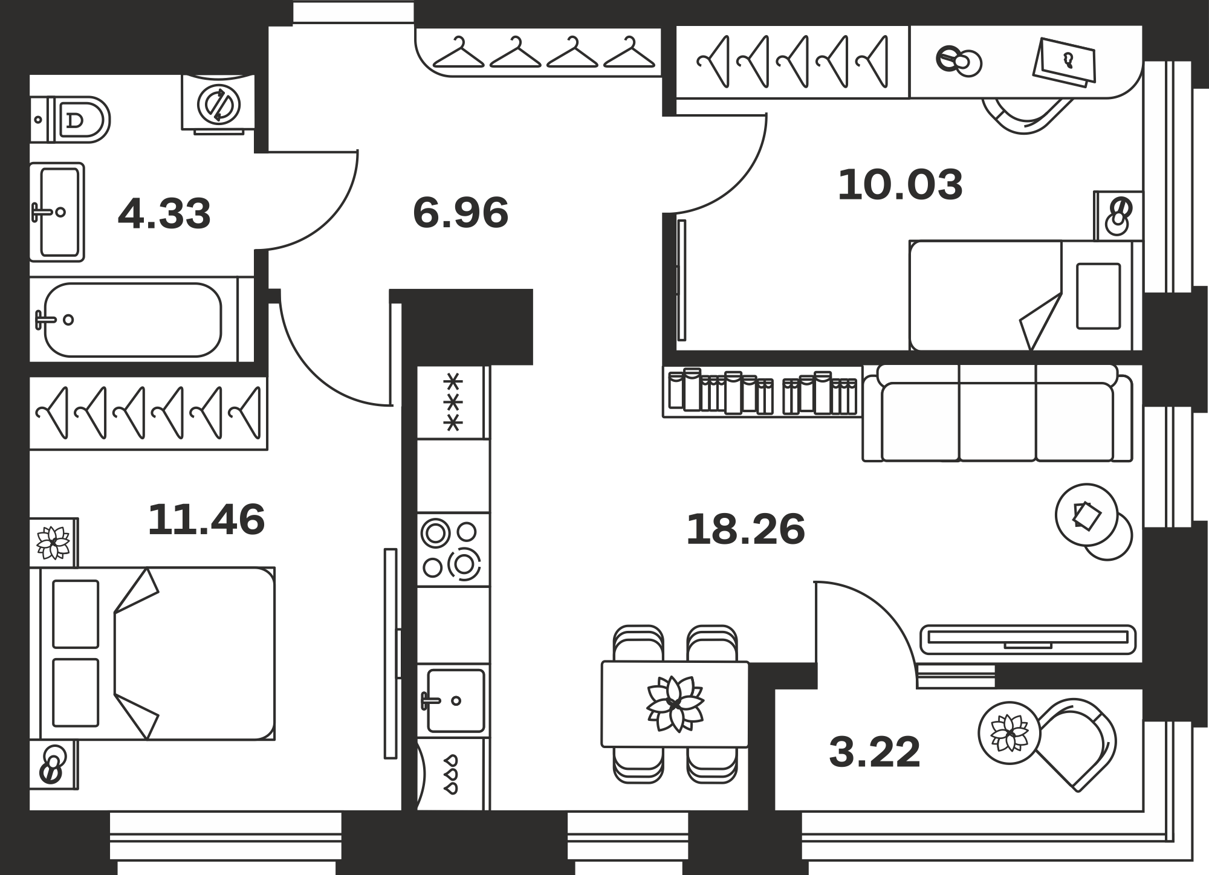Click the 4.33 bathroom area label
(164, 214)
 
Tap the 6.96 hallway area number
(461, 213)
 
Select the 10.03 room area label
(900, 185)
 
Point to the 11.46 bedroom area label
(206, 520)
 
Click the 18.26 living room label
(745, 529)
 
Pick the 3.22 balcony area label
(875, 753)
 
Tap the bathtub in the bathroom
(133, 320)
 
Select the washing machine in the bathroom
(218, 103)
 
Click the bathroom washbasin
(57, 211)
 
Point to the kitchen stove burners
(453, 549)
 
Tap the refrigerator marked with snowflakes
(453, 402)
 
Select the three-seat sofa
(997, 413)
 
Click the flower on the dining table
(675, 704)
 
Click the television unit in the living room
(1028, 639)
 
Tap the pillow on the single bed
(1098, 296)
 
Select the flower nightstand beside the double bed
(53, 543)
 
